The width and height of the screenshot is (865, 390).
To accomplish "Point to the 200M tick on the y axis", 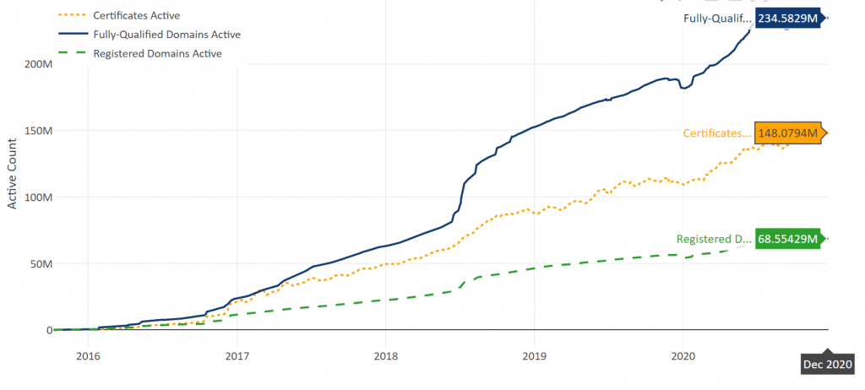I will pyautogui.click(x=36, y=64).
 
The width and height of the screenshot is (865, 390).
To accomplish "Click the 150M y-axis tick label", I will pyautogui.click(x=36, y=131).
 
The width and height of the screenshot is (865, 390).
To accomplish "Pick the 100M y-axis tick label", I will pyautogui.click(x=36, y=197).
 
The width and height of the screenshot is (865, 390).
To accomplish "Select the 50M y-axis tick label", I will pyautogui.click(x=39, y=263).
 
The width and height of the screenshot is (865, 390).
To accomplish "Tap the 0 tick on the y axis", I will pyautogui.click(x=47, y=330).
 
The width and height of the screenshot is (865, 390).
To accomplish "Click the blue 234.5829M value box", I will pyautogui.click(x=788, y=19).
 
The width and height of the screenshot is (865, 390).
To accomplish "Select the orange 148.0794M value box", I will pyautogui.click(x=788, y=133).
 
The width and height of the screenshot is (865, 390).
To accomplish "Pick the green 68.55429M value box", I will pyautogui.click(x=788, y=239).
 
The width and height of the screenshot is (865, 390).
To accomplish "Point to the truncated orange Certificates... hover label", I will pyautogui.click(x=716, y=133).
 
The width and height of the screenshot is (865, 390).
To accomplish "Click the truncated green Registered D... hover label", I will pyautogui.click(x=714, y=239).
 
